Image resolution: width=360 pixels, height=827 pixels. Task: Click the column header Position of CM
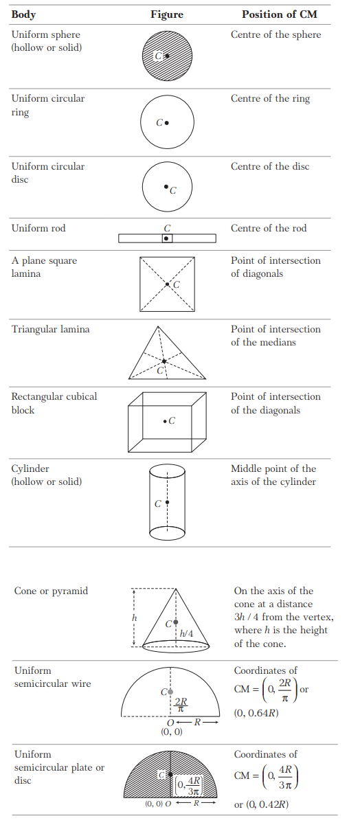[280, 14]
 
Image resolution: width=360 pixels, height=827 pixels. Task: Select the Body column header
[23, 15]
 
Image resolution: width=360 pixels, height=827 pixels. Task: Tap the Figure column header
[167, 15]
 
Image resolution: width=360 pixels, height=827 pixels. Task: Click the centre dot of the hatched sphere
[167, 56]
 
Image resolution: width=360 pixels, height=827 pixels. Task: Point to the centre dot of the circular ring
[167, 122]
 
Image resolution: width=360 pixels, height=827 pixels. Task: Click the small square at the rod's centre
[167, 238]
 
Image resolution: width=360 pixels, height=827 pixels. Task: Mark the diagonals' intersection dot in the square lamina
[167, 284]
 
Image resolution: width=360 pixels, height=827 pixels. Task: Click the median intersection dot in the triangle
[164, 361]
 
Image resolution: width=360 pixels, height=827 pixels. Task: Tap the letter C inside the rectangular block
[172, 421]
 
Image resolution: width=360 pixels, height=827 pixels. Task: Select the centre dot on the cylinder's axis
[167, 502]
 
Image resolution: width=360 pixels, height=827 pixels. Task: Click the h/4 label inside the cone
[186, 633]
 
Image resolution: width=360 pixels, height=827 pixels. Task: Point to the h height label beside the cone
[135, 618]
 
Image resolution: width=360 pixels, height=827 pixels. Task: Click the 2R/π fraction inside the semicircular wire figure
[181, 705]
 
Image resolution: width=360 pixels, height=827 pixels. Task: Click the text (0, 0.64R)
[256, 713]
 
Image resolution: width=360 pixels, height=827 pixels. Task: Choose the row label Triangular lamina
[51, 329]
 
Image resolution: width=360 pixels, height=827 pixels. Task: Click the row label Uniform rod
[38, 228]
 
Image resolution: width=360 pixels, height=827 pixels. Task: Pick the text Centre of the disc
[270, 166]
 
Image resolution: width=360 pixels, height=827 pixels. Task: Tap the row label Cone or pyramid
[51, 591]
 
